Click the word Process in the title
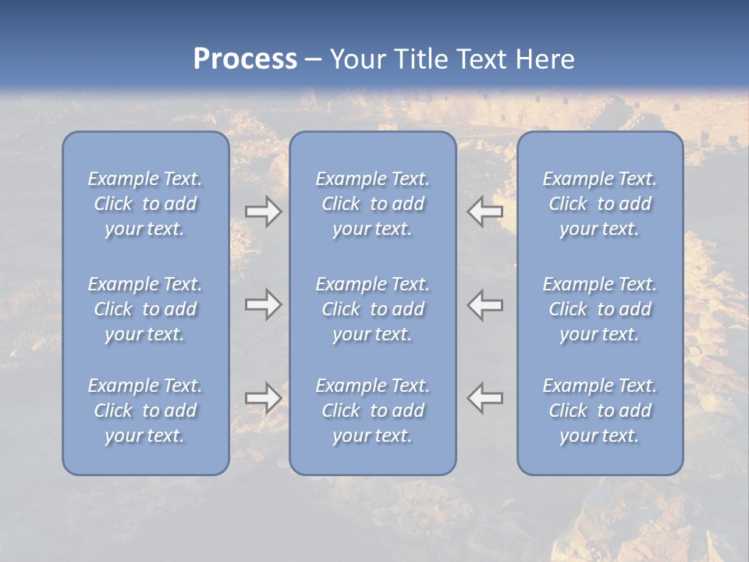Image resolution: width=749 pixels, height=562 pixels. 245,59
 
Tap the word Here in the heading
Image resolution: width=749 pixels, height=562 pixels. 545,59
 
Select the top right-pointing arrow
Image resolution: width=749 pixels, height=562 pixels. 263,212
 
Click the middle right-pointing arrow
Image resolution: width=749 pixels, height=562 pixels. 263,304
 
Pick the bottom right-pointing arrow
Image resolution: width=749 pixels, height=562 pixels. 263,398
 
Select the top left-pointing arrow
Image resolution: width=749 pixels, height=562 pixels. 485,212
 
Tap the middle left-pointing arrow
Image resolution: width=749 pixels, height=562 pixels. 485,304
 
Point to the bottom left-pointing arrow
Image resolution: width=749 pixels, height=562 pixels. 485,398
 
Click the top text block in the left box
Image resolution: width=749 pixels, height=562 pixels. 145,204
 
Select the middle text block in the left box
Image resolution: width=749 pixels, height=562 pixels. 145,309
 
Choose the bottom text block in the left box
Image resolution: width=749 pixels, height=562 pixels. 145,411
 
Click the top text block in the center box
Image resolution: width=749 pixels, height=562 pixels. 372,204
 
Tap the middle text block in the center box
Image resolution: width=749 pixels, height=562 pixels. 372,309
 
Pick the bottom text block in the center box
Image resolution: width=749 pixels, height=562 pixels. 372,411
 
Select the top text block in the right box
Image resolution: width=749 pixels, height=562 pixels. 599,204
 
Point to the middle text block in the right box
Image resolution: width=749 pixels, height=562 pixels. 599,309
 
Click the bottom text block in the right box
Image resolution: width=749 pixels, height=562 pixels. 599,411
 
